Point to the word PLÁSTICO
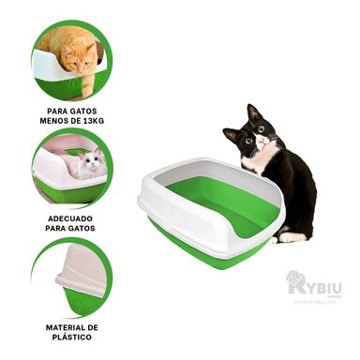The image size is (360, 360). (72, 337)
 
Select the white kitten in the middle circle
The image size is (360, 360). (89, 167)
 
